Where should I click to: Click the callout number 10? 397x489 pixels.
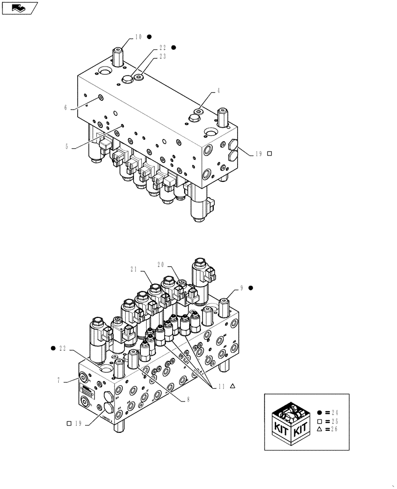[x=138, y=37]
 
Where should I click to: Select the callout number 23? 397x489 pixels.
[x=162, y=56]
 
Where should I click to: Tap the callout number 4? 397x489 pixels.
[x=219, y=90]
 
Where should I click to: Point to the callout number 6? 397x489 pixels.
[x=66, y=108]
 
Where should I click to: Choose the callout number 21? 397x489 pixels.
[x=134, y=268]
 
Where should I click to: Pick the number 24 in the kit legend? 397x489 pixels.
[x=334, y=412]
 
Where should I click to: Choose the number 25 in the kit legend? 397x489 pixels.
[x=334, y=421]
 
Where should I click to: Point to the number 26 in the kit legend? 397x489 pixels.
[x=334, y=429]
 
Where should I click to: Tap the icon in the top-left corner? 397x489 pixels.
[x=20, y=7]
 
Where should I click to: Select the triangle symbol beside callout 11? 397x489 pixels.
[x=233, y=386]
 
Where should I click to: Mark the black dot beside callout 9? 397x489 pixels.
[x=251, y=288]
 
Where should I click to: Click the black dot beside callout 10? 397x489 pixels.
[x=150, y=37]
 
